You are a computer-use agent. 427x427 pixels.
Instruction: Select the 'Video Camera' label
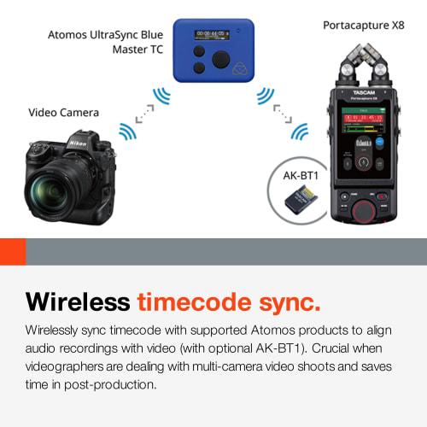[63, 112]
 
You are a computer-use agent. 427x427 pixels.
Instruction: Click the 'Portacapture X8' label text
[363, 25]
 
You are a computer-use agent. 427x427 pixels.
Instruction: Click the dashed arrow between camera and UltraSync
[143, 112]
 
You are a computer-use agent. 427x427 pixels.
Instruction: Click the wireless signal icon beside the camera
[126, 131]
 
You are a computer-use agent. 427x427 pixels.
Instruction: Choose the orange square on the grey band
[12, 251]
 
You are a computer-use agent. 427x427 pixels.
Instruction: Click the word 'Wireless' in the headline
[76, 302]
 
